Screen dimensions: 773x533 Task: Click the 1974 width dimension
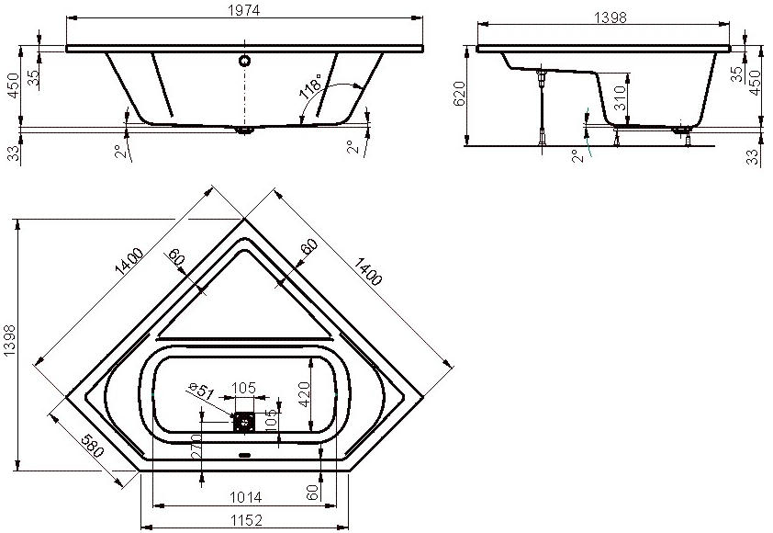(x=244, y=9)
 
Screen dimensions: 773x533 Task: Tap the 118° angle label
(x=310, y=86)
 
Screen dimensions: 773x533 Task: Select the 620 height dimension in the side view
(x=458, y=94)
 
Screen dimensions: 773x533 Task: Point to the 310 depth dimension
(x=620, y=97)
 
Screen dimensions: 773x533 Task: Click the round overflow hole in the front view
(x=244, y=61)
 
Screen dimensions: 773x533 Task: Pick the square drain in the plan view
(x=243, y=423)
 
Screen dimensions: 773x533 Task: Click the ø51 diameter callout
(x=201, y=391)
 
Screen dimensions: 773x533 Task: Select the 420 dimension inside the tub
(x=304, y=394)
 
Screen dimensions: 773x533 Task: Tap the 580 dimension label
(x=93, y=446)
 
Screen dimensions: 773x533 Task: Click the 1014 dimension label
(x=245, y=497)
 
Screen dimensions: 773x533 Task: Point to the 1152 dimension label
(x=246, y=520)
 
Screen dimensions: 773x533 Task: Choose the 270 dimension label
(x=196, y=446)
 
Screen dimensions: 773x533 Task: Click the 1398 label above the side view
(x=611, y=17)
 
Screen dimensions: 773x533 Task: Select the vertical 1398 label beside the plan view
(x=9, y=341)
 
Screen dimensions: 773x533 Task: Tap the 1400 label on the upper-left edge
(x=129, y=261)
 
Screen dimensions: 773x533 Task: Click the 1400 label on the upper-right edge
(x=367, y=271)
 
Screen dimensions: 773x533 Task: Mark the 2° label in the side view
(x=577, y=156)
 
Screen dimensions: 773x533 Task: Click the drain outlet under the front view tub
(x=244, y=130)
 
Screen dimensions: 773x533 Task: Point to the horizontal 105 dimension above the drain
(x=243, y=388)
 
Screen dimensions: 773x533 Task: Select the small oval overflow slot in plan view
(x=244, y=455)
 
